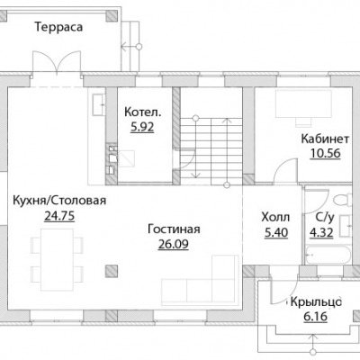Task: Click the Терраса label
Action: point(58,27)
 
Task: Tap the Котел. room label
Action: point(143,112)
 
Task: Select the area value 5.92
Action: point(142,127)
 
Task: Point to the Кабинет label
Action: point(325,139)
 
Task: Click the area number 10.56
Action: point(326,153)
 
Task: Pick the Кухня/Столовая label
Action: point(59,201)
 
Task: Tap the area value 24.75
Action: point(59,216)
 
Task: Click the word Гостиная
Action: point(174,229)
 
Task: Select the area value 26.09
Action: point(174,244)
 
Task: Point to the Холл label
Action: point(275,217)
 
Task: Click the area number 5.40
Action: point(276,232)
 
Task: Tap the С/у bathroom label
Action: point(325,218)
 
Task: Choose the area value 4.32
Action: point(321,232)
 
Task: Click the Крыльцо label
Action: point(316,302)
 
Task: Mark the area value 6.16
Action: point(315,317)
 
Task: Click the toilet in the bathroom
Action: point(343,200)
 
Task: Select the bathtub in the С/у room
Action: point(328,255)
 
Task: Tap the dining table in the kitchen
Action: point(57,259)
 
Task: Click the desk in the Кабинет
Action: point(303,103)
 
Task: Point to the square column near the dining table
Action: point(112,271)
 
